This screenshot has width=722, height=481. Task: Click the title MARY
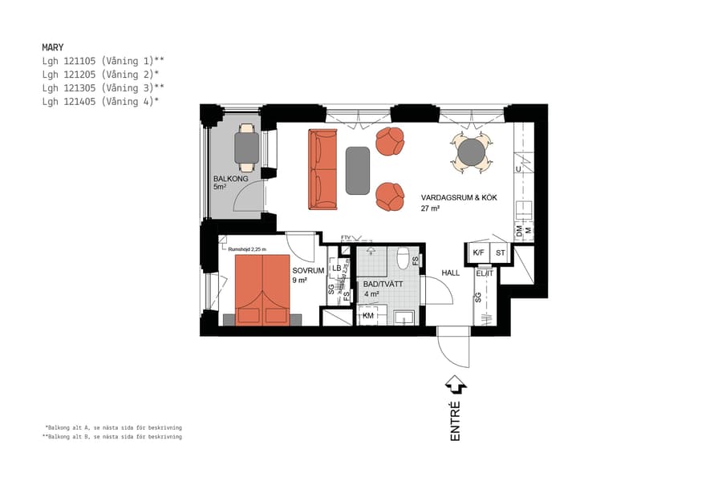click(x=53, y=47)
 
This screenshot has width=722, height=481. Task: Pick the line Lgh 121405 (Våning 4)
click(x=100, y=101)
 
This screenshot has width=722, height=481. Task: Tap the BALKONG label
click(x=230, y=179)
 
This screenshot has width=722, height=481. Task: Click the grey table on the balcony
click(x=247, y=147)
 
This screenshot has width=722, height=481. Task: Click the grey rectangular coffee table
click(x=358, y=170)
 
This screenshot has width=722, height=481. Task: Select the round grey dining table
click(x=472, y=152)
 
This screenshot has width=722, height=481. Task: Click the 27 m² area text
click(x=432, y=208)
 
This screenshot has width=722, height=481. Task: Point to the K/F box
click(x=478, y=253)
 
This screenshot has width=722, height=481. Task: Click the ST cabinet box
click(x=501, y=253)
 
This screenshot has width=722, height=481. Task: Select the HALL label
click(x=451, y=273)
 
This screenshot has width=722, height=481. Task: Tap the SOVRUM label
click(x=307, y=271)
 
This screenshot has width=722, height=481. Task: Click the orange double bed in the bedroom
click(x=262, y=289)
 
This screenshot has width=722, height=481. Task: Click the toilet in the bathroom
click(x=403, y=258)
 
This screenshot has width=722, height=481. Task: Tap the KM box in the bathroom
click(x=369, y=316)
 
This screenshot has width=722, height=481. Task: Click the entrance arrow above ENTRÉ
click(x=455, y=385)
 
